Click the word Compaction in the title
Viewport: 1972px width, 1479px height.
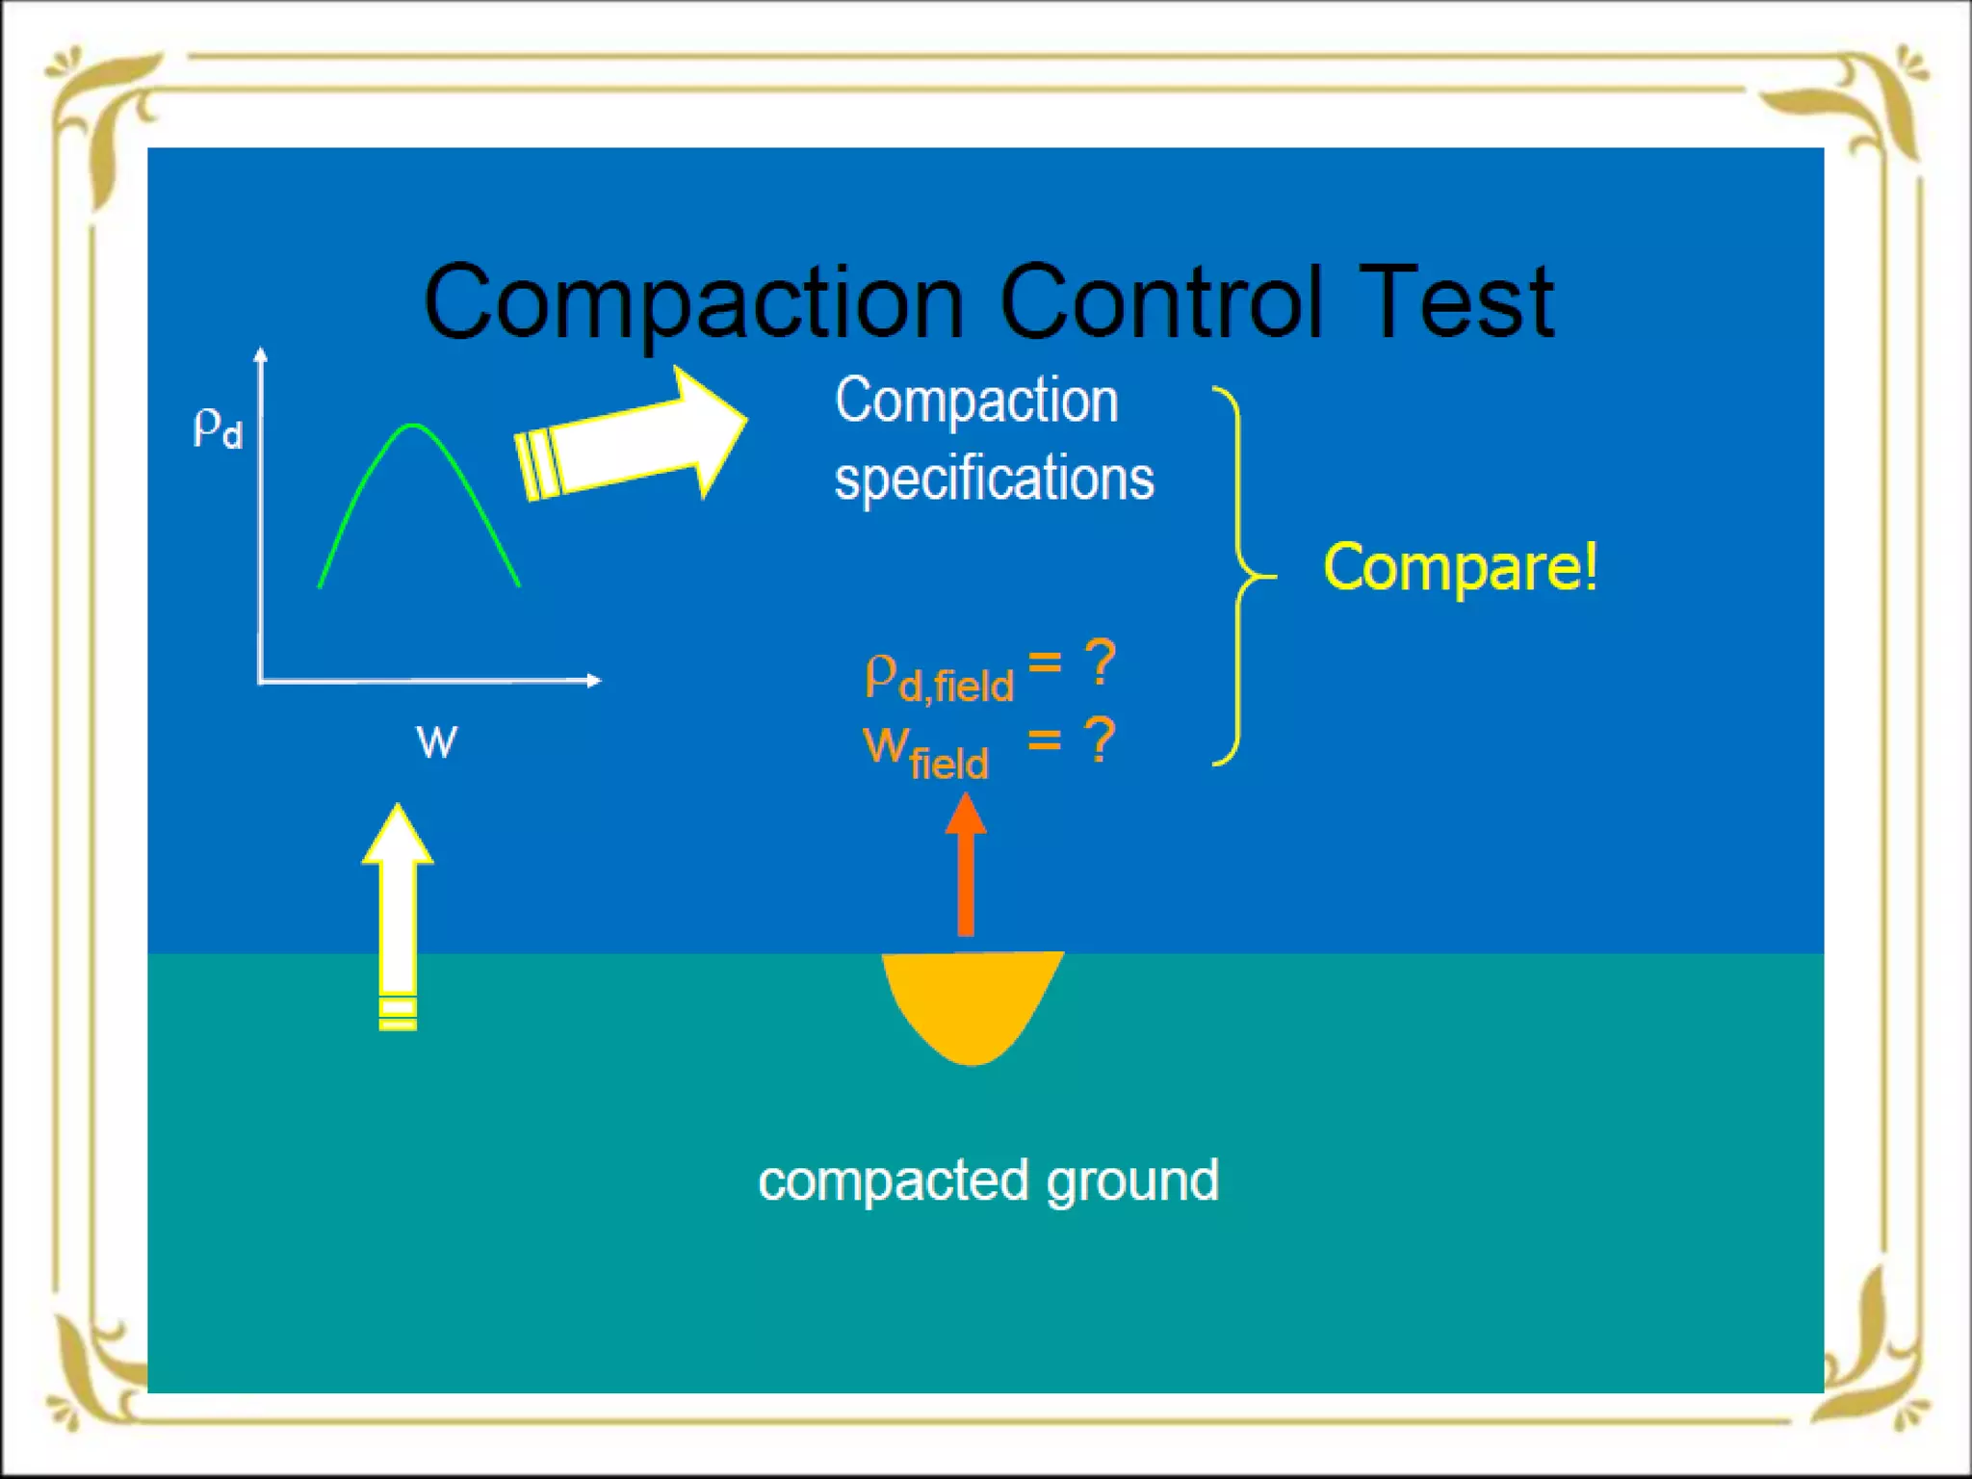pyautogui.click(x=693, y=303)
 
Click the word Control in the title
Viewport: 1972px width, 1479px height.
pyautogui.click(x=1160, y=303)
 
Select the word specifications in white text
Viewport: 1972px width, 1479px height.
pyautogui.click(x=994, y=479)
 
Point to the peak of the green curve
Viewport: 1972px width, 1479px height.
pyautogui.click(x=413, y=425)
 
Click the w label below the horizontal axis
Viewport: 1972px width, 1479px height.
pyautogui.click(x=436, y=741)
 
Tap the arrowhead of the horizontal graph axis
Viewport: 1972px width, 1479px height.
pyautogui.click(x=593, y=680)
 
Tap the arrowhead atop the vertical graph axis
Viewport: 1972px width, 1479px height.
pyautogui.click(x=260, y=354)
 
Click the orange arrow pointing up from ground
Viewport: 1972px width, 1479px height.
pyautogui.click(x=966, y=867)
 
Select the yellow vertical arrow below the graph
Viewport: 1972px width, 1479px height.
pyautogui.click(x=398, y=915)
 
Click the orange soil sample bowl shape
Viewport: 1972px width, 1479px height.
pyautogui.click(x=971, y=1001)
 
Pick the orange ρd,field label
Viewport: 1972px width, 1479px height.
pyautogui.click(x=939, y=678)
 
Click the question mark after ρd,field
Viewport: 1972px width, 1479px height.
pyautogui.click(x=1100, y=662)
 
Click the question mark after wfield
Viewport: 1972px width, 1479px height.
pyautogui.click(x=1100, y=739)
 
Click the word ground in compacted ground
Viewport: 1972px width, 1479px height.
pyautogui.click(x=1132, y=1181)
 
